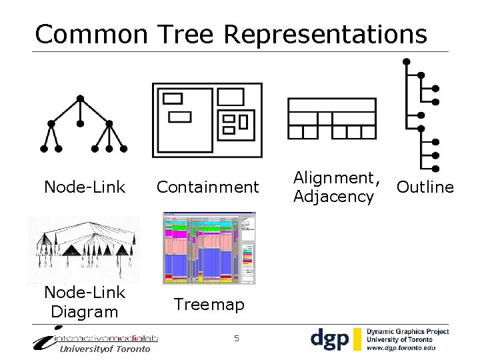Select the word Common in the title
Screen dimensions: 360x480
tap(91, 33)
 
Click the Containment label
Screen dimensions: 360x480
tap(207, 187)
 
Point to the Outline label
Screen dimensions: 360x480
tap(425, 187)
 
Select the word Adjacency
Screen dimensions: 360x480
tap(333, 197)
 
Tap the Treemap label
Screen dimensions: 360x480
tap(209, 305)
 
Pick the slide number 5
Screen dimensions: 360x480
tap(237, 339)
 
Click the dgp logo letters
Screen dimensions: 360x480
tap(329, 339)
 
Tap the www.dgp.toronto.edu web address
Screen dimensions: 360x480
tap(401, 347)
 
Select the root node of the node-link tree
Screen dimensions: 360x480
tap(80, 99)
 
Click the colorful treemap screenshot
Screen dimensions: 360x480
tap(209, 248)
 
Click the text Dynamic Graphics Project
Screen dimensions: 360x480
tap(408, 331)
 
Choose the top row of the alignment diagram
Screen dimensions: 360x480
tap(331, 105)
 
